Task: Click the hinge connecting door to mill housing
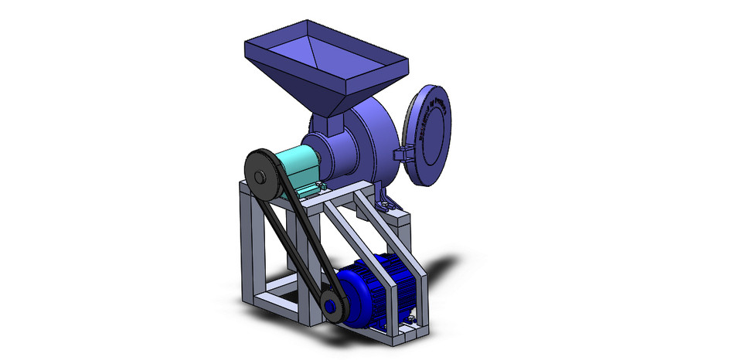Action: tap(403, 149)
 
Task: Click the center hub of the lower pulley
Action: tap(332, 307)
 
